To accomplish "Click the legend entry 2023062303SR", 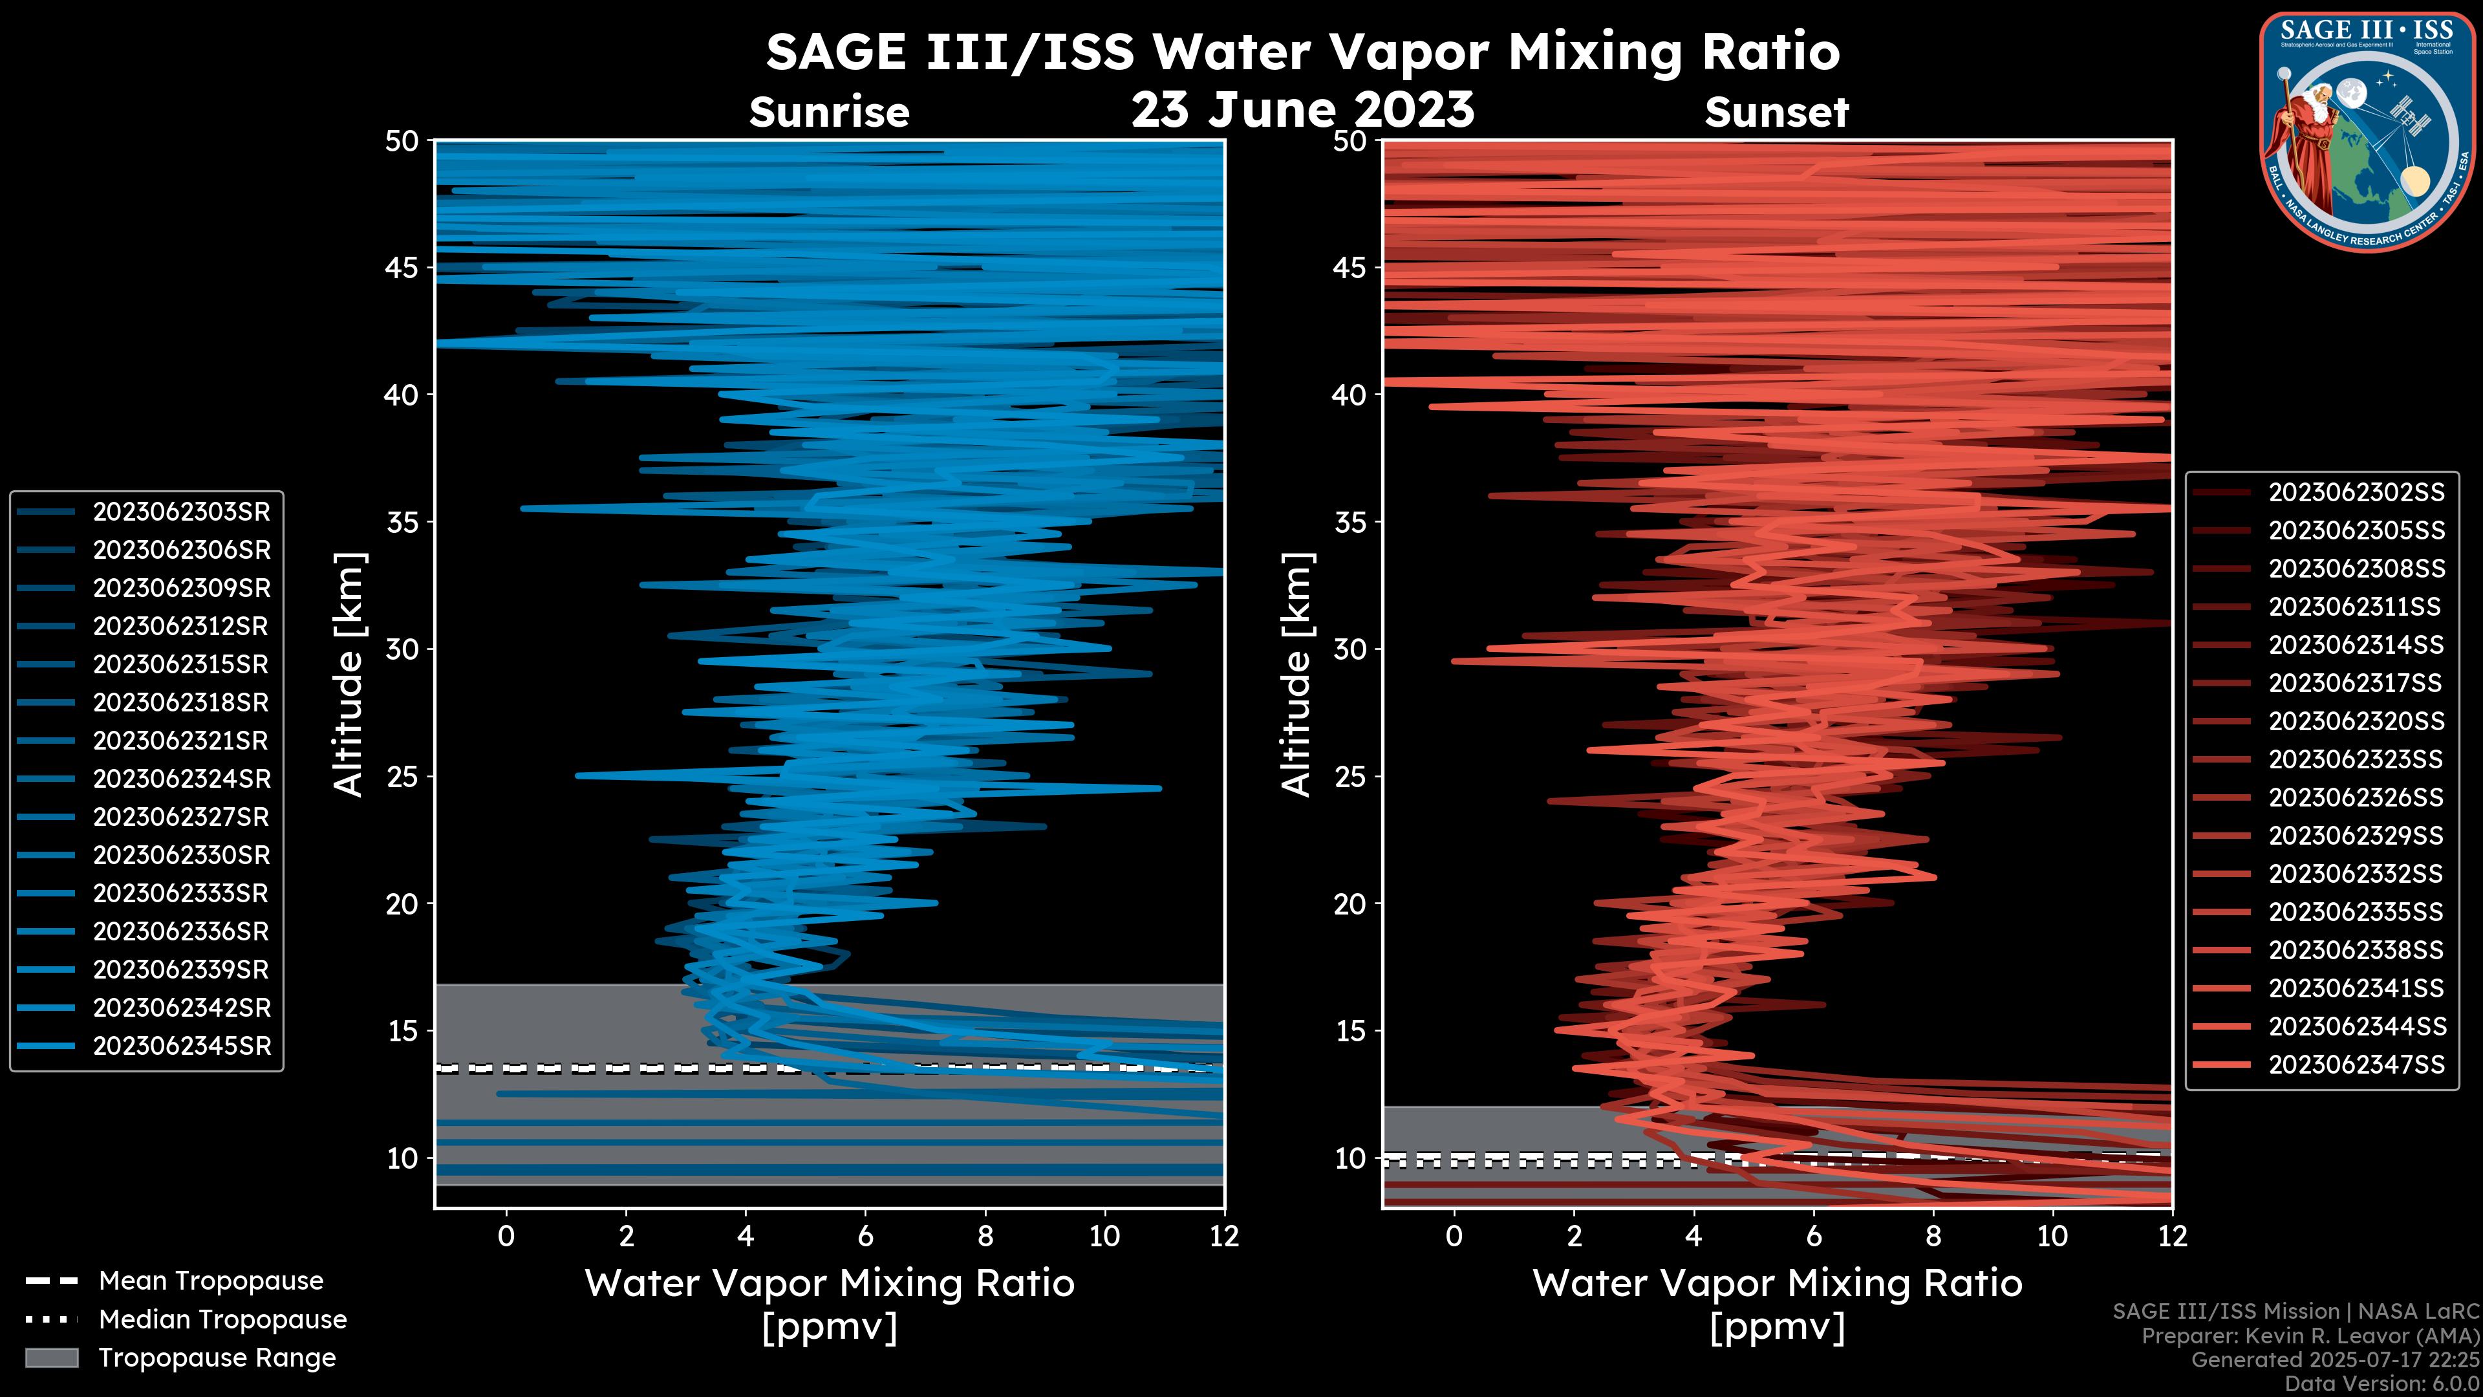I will click(181, 512).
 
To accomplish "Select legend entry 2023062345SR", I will click(181, 1046).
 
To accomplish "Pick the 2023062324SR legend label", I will click(181, 779).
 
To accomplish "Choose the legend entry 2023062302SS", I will click(2356, 493).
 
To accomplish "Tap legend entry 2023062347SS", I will click(2356, 1065).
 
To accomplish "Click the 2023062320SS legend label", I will click(2356, 721).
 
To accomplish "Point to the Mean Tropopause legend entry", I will click(210, 1281).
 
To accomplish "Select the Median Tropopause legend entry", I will click(222, 1320).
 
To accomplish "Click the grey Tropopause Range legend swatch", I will click(52, 1358).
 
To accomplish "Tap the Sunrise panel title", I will click(829, 113).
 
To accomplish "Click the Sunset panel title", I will click(1776, 113).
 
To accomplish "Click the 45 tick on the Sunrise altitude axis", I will click(402, 268).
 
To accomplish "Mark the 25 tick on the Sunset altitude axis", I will click(1350, 777).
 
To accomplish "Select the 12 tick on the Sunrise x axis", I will click(1223, 1236).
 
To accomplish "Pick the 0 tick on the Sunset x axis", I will click(1454, 1236).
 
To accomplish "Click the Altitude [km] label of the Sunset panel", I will click(1296, 675).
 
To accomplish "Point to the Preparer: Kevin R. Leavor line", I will click(2310, 1336).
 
